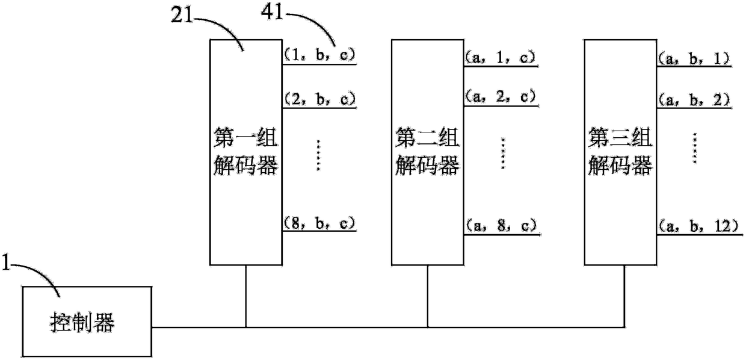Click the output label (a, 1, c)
[500, 57]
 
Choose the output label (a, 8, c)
[500, 225]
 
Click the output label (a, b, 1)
[694, 59]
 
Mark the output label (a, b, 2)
[694, 99]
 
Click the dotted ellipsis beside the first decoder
[319, 155]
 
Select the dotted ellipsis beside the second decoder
[503, 153]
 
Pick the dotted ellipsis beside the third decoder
[695, 147]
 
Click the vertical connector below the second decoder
[428, 296]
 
